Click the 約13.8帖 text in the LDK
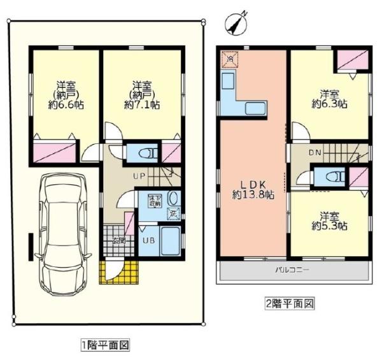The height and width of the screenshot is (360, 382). [253, 196]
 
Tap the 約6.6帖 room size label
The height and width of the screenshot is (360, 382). [63, 107]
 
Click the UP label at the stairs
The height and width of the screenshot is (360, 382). [139, 175]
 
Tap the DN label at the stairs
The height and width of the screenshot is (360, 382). [315, 153]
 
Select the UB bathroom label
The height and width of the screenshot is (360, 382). [146, 241]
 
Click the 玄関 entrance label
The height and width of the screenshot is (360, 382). [118, 240]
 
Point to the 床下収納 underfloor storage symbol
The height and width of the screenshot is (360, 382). [155, 199]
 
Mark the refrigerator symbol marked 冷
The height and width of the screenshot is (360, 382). [227, 60]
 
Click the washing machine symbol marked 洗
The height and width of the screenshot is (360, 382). [172, 215]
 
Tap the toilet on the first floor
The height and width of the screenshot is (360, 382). [141, 153]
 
